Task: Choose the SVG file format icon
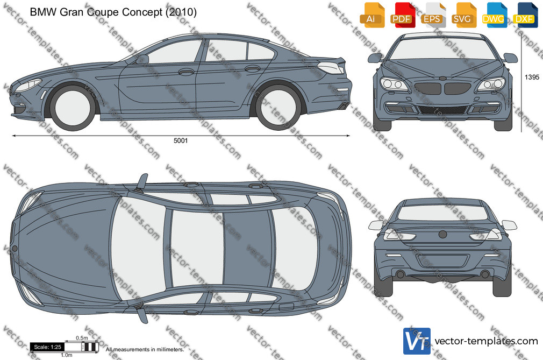462,15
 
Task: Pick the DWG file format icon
493,15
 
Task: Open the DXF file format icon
524,15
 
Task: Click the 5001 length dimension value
181,140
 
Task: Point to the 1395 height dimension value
532,77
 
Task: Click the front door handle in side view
187,72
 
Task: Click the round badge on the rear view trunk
442,235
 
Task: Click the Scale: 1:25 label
47,347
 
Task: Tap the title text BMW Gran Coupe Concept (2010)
113,12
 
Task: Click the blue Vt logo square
417,341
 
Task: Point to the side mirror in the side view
142,59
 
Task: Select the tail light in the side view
331,67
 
